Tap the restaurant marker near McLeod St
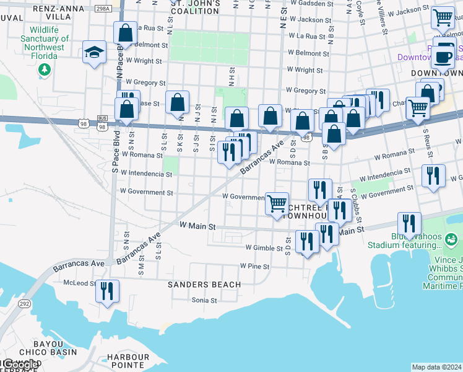[107, 291]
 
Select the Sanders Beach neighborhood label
[204, 285]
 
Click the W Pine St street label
[255, 267]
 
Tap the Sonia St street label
[204, 300]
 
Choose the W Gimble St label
[264, 247]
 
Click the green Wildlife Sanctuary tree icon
[44, 69]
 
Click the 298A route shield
[104, 9]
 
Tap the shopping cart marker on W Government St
[277, 202]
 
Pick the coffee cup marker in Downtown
[443, 57]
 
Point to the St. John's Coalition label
[195, 7]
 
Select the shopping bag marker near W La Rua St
[126, 33]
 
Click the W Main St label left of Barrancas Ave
[197, 226]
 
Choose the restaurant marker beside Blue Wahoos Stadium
[409, 223]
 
